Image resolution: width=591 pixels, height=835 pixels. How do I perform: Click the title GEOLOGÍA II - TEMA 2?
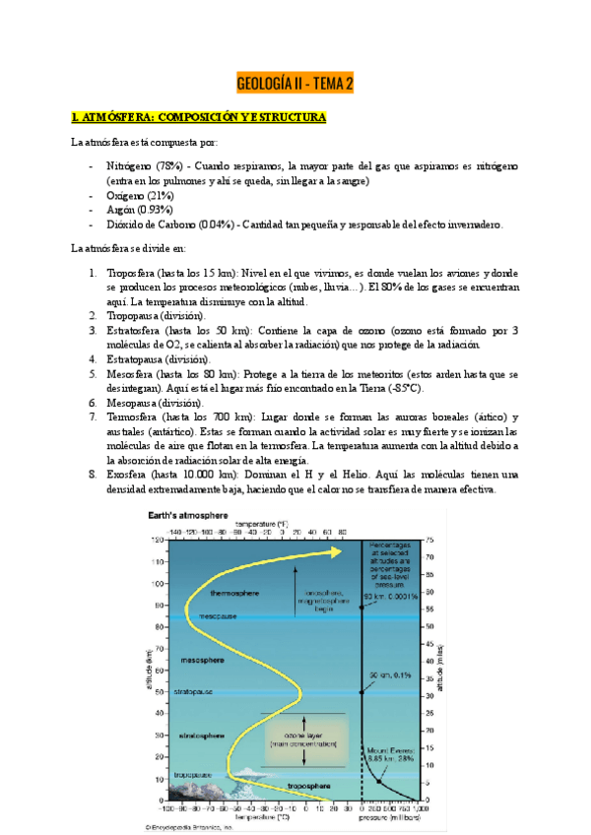point(295,84)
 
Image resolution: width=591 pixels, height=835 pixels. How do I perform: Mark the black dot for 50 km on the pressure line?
point(361,691)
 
